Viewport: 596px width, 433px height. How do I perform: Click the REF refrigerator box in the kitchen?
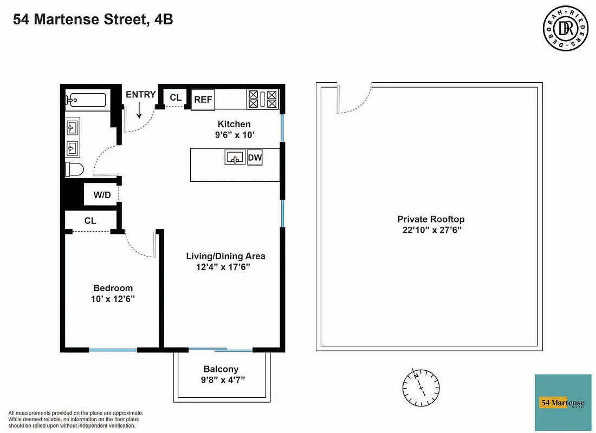tap(203, 100)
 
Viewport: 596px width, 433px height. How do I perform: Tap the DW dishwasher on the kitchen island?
tap(255, 159)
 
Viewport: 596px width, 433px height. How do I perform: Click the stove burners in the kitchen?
tap(262, 99)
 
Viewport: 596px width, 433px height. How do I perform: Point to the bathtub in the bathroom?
tap(87, 100)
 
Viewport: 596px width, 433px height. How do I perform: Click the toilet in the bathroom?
tap(74, 169)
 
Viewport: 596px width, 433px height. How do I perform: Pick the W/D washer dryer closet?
tap(101, 195)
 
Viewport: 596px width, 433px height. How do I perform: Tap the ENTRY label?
tap(140, 95)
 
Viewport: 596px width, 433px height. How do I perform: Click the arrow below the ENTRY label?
tap(139, 111)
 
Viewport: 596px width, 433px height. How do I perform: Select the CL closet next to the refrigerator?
tap(176, 97)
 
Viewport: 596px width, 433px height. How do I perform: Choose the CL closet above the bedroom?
tap(90, 221)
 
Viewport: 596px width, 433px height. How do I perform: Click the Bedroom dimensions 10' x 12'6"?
tap(113, 299)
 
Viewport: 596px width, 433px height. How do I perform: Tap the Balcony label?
tap(221, 369)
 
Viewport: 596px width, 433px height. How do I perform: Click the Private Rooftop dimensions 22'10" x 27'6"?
tap(431, 229)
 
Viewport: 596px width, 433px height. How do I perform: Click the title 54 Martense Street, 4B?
tap(93, 21)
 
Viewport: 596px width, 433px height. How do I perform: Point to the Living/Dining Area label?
tap(225, 256)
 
